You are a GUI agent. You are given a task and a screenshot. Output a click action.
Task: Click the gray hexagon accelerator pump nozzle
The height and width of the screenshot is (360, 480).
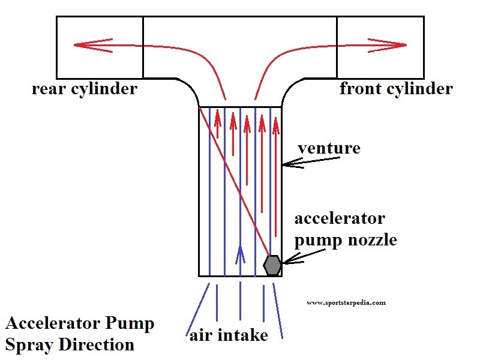coord(272,264)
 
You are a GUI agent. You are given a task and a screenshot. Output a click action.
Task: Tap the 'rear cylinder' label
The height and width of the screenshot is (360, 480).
coord(85,89)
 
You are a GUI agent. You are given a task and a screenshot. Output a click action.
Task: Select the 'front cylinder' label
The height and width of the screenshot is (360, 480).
coord(395,89)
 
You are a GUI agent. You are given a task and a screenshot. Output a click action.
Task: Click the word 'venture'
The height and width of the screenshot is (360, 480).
coord(329,148)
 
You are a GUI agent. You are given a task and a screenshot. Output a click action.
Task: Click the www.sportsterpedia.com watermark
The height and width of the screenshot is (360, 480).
coord(346,303)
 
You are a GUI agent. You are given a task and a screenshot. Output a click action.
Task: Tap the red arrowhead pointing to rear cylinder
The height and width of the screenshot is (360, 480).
coord(81,45)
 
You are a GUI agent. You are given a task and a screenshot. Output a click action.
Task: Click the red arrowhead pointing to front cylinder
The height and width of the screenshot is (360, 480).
coord(401,45)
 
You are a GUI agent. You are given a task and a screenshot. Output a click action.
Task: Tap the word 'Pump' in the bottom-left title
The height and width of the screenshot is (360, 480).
coord(131,324)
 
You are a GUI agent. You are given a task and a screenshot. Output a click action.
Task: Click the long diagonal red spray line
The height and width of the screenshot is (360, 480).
coord(234,180)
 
